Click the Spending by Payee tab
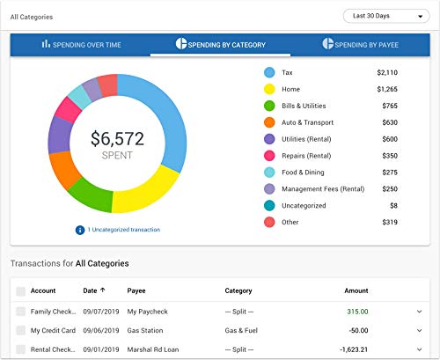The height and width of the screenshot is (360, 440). pos(362,44)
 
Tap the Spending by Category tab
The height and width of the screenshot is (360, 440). pos(221,44)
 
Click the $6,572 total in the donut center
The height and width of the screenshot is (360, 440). pos(117,139)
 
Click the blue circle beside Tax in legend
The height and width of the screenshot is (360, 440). pos(269,71)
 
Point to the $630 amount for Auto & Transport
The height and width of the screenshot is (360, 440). pos(388,121)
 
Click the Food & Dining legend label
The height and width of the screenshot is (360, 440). pos(303,172)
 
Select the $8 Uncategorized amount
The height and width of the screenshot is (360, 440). pos(392,205)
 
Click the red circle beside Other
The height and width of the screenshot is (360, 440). pos(269,222)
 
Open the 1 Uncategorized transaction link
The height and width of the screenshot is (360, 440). pos(122,230)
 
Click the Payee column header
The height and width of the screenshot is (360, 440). pos(138,290)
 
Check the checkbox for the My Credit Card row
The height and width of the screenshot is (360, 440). pos(21,329)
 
